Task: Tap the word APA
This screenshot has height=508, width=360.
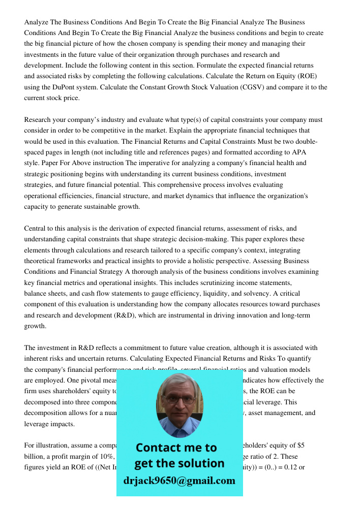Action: click(298, 152)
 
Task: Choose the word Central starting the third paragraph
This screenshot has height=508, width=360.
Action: click(36, 229)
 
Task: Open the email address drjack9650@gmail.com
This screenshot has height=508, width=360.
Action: click(179, 481)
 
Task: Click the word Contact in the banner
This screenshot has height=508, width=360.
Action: click(159, 448)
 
